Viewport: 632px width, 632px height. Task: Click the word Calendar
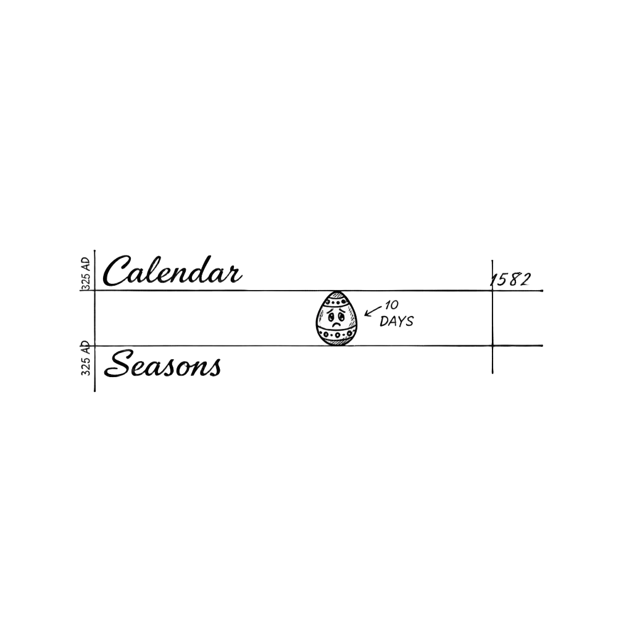pyautogui.click(x=173, y=270)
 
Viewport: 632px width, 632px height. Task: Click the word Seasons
pyautogui.click(x=162, y=364)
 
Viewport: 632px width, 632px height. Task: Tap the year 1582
pyautogui.click(x=510, y=280)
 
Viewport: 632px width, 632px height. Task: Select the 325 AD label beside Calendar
pyautogui.click(x=85, y=273)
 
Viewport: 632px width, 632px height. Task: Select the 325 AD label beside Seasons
pyautogui.click(x=85, y=359)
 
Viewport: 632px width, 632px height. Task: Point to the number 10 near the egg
pyautogui.click(x=391, y=306)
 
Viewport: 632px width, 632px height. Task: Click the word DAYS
pyautogui.click(x=397, y=321)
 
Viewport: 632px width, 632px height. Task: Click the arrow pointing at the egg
pyautogui.click(x=373, y=311)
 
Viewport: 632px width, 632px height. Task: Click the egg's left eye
pyautogui.click(x=331, y=315)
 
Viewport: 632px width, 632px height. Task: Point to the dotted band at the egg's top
pyautogui.click(x=337, y=301)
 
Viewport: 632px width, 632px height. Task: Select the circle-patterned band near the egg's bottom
pyautogui.click(x=336, y=335)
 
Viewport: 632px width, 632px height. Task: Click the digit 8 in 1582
pyautogui.click(x=512, y=280)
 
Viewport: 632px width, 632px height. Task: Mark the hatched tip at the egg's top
pyautogui.click(x=337, y=294)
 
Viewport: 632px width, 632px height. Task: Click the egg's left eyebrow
pyautogui.click(x=330, y=310)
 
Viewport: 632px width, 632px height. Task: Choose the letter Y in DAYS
pyautogui.click(x=401, y=321)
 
